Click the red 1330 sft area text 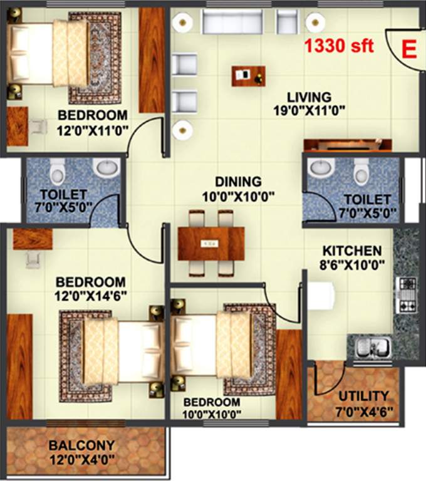339,46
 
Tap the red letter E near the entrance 408,48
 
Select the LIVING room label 309,98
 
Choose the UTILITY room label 363,396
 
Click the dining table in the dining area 210,242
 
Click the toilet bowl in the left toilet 58,170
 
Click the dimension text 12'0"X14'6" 90,296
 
